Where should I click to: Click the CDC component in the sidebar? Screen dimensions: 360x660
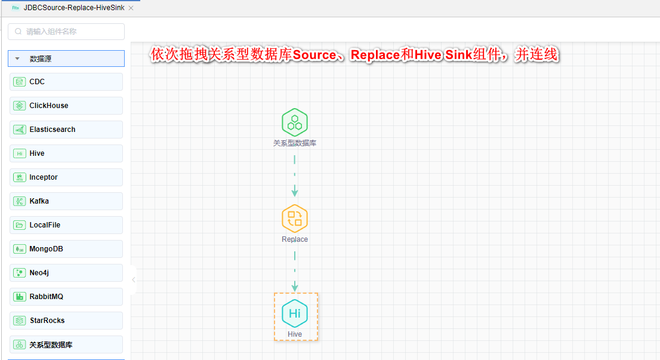click(66, 82)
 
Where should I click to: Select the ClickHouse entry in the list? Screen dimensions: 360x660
click(66, 106)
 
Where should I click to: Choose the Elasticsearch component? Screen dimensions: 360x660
click(66, 130)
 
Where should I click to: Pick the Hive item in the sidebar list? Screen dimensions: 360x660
click(66, 153)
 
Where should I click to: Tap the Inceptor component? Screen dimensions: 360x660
click(66, 177)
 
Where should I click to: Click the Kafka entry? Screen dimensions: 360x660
click(66, 201)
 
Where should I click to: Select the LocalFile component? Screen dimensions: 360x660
click(66, 225)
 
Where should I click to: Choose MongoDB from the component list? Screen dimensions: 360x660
click(66, 249)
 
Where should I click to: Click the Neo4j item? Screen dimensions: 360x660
click(66, 273)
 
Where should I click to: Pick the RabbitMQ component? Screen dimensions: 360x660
click(66, 297)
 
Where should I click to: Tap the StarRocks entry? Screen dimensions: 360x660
click(66, 321)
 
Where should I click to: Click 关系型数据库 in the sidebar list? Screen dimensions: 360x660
click(66, 344)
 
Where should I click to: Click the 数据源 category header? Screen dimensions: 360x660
click(66, 59)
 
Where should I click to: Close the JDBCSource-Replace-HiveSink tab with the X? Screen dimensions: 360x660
click(131, 8)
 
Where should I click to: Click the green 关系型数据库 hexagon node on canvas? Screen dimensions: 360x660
click(295, 122)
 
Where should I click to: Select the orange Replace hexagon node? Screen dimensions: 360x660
click(295, 218)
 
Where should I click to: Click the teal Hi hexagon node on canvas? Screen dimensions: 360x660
click(295, 313)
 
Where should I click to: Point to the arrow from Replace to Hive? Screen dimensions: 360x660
click(295, 272)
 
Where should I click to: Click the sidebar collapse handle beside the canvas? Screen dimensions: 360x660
click(133, 279)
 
